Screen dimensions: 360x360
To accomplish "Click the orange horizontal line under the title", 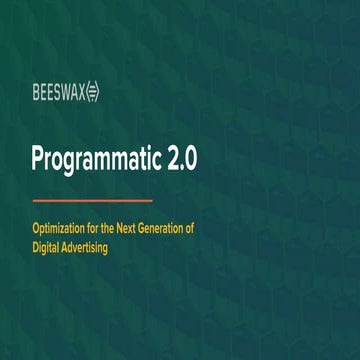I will tap(93, 200).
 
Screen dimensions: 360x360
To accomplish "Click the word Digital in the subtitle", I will tap(49, 247).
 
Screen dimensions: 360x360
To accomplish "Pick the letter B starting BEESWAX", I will tap(36, 94).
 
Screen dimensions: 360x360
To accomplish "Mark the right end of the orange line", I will tap(151, 200).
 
